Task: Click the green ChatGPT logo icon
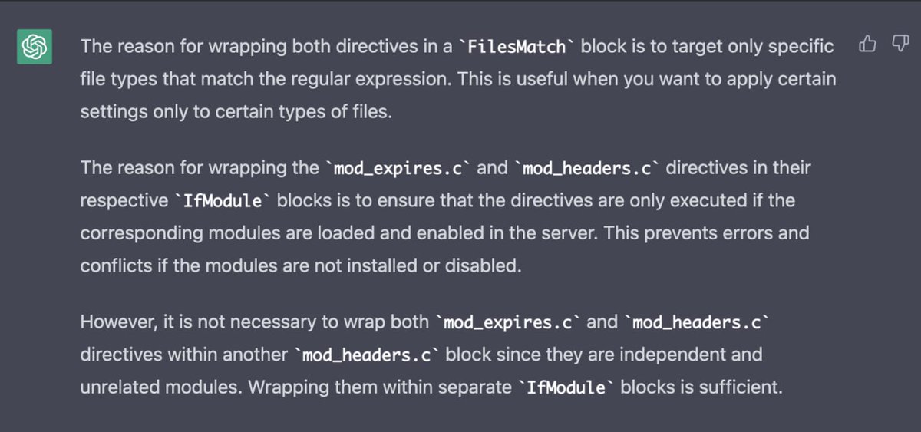(x=35, y=48)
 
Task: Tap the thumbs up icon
(x=867, y=45)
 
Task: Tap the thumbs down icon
(x=900, y=45)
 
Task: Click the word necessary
(x=297, y=322)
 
